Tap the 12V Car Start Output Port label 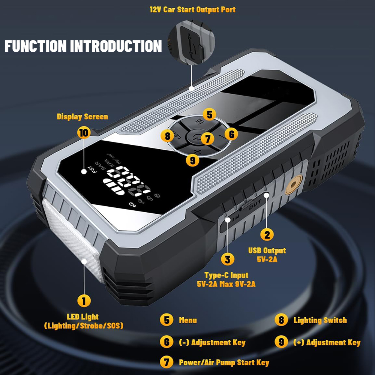pos(192,10)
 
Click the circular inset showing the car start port pos(191,43)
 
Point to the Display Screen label pos(82,117)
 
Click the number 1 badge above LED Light pos(84,301)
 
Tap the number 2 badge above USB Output pos(267,234)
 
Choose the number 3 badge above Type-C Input pos(228,259)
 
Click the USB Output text pos(267,250)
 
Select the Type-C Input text pos(226,275)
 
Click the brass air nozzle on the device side pos(294,184)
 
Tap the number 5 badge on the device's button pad pos(210,114)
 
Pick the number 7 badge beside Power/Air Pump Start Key pos(167,362)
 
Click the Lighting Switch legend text pos(320,320)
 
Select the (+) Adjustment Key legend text pos(327,342)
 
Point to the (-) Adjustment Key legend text pos(212,342)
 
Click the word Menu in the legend pos(188,320)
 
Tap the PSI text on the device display pos(93,169)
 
